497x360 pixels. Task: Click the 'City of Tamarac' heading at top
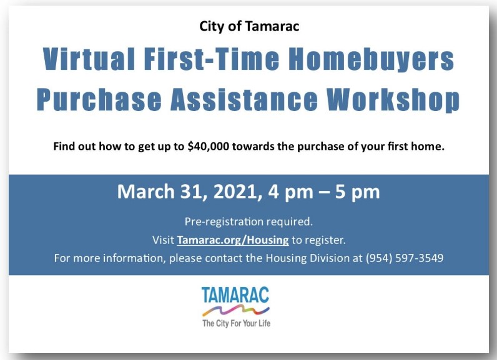[249, 26]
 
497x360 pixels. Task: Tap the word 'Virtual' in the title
[89, 59]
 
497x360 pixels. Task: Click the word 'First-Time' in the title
[212, 59]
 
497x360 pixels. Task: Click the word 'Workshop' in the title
[393, 99]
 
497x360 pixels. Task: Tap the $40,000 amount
[209, 147]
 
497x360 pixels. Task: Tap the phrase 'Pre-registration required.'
[249, 221]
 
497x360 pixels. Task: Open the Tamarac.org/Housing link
[233, 240]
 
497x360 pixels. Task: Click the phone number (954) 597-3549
[404, 258]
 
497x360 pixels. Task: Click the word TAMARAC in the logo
[235, 294]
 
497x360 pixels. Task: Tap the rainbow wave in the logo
[236, 311]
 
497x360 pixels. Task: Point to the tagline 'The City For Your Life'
[236, 323]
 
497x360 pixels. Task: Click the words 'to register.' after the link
[318, 240]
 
